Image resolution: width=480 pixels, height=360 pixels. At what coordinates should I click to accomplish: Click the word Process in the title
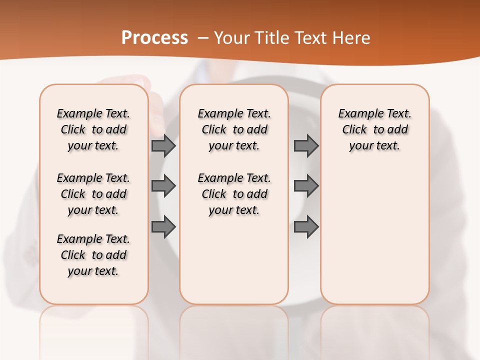[x=154, y=38]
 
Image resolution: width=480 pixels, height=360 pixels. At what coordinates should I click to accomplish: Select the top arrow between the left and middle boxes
[x=163, y=145]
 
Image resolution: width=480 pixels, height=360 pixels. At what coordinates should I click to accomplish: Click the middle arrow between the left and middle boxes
[x=163, y=186]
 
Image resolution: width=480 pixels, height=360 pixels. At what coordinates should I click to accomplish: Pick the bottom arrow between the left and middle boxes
[x=163, y=227]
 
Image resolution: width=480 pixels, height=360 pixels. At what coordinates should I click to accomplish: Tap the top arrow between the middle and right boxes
[x=306, y=145]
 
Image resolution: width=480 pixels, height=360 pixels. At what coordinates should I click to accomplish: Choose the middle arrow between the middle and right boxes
[x=306, y=186]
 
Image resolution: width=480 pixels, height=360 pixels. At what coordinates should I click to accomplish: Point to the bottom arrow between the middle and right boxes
[x=306, y=227]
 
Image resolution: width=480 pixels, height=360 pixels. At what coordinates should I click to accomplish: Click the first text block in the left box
[x=93, y=129]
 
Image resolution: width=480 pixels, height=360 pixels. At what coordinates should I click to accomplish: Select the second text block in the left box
[x=93, y=194]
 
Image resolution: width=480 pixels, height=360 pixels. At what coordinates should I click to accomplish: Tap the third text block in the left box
[x=93, y=255]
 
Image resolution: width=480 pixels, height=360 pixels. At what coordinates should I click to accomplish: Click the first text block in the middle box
[x=234, y=129]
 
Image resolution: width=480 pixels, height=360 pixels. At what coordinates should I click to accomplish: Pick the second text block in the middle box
[x=234, y=194]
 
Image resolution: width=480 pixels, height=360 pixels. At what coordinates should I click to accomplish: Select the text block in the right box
[x=374, y=129]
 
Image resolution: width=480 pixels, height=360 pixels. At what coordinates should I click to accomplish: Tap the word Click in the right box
[x=354, y=130]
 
